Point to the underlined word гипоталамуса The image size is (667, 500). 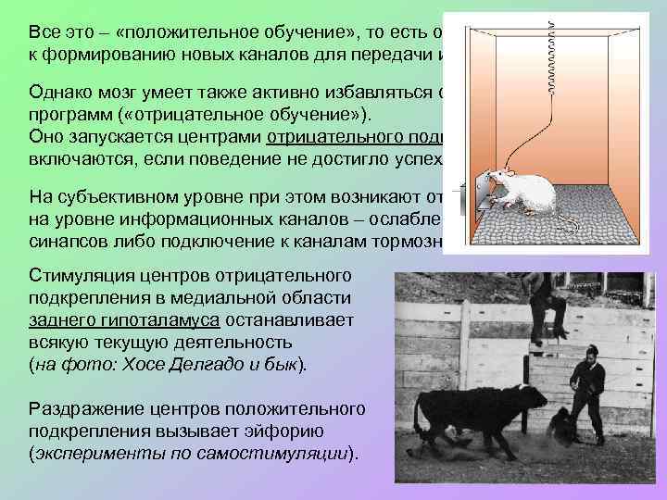click(152, 319)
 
